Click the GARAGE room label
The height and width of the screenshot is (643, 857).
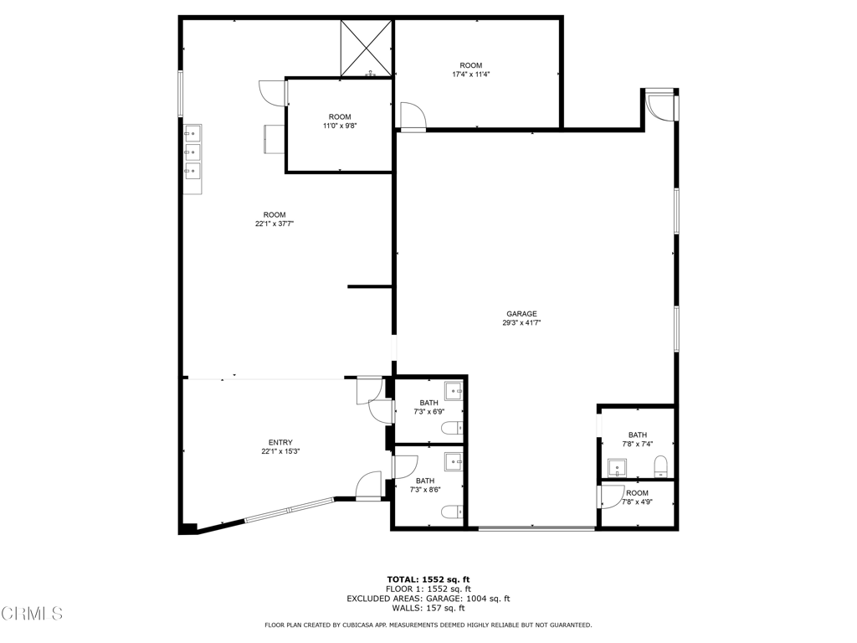(521, 314)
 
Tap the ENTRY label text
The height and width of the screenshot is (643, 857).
(280, 442)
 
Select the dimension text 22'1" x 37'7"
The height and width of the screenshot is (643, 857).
(275, 224)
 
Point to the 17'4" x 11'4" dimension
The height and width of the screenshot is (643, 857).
(470, 75)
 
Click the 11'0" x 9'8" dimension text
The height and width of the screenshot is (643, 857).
(340, 126)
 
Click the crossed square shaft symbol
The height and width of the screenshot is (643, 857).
(367, 48)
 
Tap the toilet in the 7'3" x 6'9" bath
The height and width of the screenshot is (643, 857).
(452, 428)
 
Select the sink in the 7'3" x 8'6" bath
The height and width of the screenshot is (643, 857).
(453, 462)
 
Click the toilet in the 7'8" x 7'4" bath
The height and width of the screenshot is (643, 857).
(661, 466)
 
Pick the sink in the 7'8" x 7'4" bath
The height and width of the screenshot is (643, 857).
(617, 469)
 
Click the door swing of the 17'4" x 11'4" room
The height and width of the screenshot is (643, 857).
(413, 116)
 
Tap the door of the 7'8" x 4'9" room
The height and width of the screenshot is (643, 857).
(610, 497)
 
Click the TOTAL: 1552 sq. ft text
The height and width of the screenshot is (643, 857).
(428, 579)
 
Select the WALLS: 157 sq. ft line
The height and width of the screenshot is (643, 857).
(428, 608)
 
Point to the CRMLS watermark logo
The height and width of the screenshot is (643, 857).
(32, 614)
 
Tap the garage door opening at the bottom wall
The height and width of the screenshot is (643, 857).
(536, 528)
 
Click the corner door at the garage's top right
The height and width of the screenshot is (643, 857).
(661, 106)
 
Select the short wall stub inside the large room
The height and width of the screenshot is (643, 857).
(370, 286)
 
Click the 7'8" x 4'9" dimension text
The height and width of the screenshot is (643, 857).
(637, 502)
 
